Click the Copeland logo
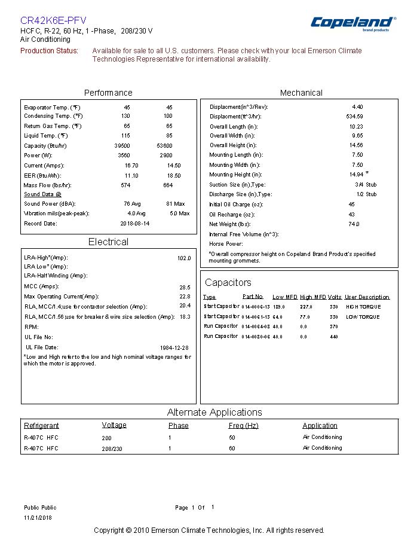[352, 23]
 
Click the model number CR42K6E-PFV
[53, 20]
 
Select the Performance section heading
[108, 93]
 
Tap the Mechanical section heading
[301, 93]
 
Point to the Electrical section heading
[108, 242]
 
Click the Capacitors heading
[228, 282]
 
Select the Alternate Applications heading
[214, 412]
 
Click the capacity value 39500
[122, 146]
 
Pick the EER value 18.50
[174, 176]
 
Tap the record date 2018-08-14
[135, 224]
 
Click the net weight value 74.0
[354, 224]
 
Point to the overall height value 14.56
[356, 145]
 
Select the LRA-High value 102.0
[184, 258]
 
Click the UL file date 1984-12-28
[174, 347]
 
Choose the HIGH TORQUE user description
[363, 307]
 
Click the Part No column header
[253, 297]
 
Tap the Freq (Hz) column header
[243, 426]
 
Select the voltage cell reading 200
[106, 438]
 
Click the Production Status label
[50, 51]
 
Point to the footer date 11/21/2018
[38, 518]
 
